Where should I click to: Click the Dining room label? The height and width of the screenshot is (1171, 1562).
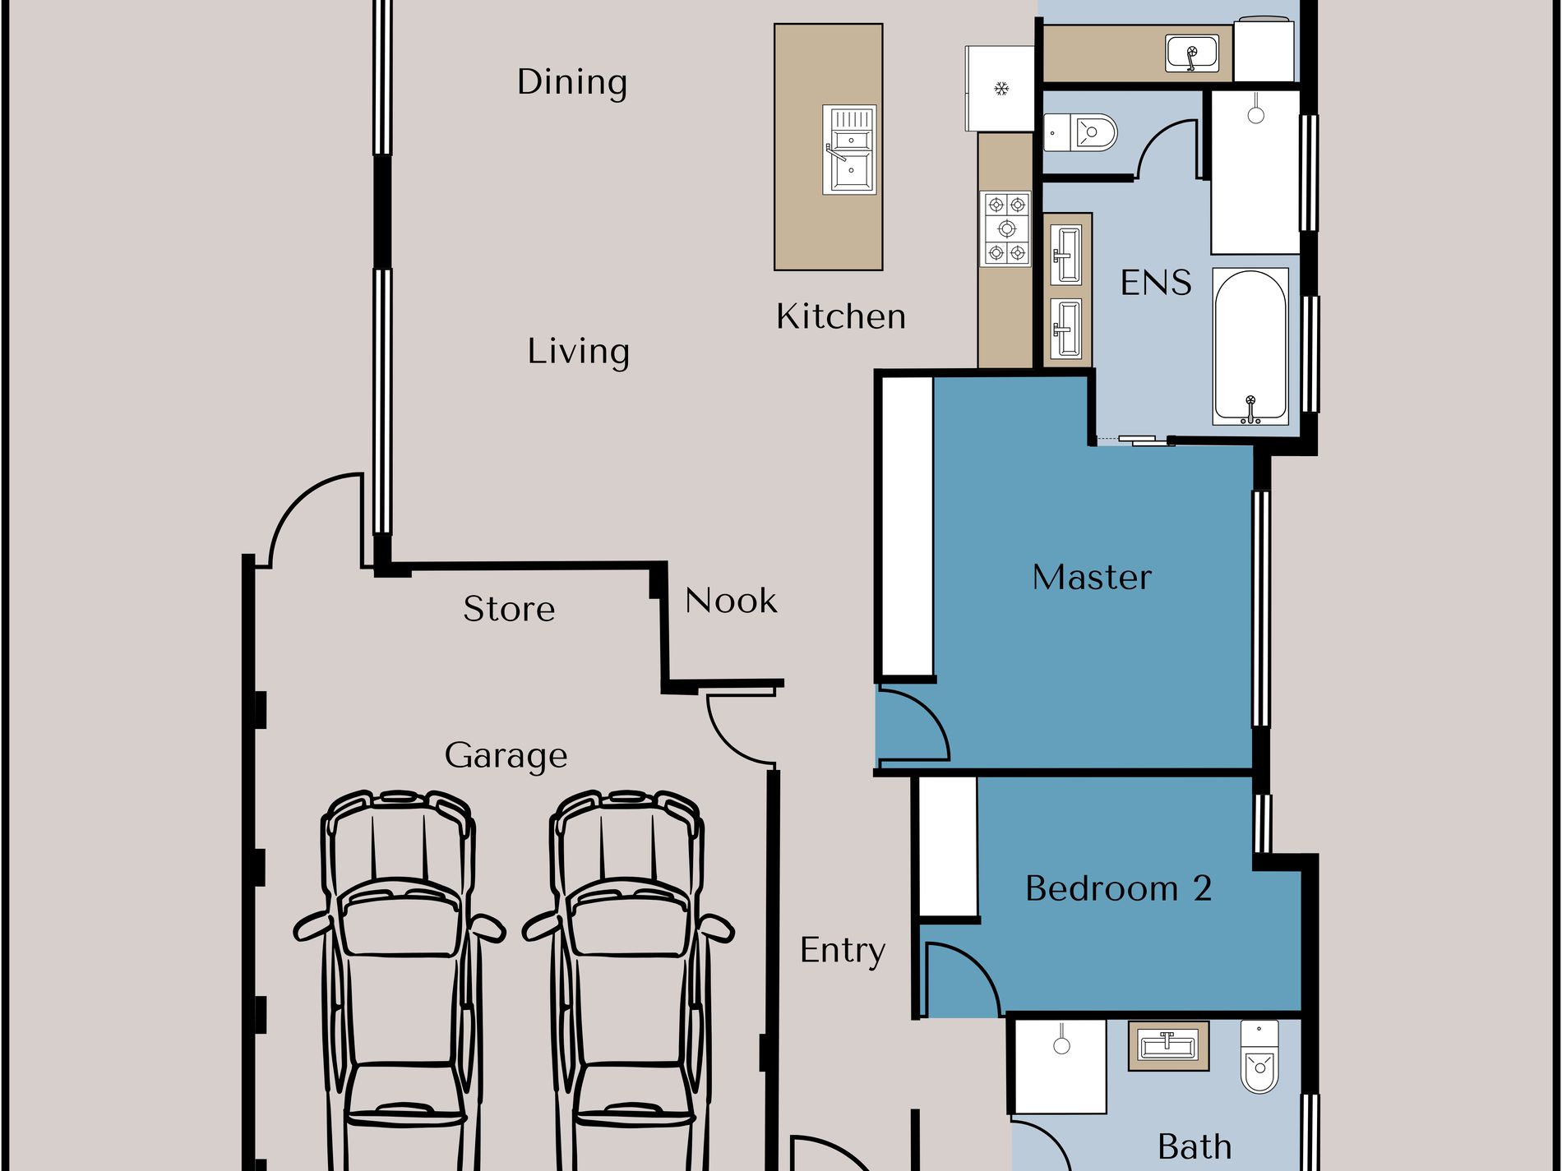tap(572, 82)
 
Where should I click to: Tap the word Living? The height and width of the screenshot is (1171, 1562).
tap(579, 352)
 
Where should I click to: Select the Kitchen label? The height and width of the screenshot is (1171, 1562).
tap(841, 316)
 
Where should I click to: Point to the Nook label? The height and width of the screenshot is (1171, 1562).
tap(731, 601)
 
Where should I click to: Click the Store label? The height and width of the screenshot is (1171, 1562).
tap(509, 609)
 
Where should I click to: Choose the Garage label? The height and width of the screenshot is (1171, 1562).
tap(506, 756)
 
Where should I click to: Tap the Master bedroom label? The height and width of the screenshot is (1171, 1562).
tap(1092, 577)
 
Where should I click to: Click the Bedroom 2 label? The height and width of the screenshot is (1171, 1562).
tap(1119, 888)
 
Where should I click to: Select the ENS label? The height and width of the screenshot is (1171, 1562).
tap(1156, 283)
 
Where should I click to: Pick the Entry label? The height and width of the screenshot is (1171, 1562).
tap(843, 951)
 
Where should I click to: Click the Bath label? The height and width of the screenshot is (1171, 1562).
tap(1195, 1146)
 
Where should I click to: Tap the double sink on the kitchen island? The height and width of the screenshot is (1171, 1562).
tap(849, 150)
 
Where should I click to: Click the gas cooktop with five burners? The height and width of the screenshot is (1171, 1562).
tap(1006, 228)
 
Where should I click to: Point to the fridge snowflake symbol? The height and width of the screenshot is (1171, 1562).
tap(1001, 88)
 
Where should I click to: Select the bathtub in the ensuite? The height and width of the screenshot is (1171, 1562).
tap(1250, 347)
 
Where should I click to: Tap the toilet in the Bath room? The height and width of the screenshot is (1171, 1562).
tap(1259, 1057)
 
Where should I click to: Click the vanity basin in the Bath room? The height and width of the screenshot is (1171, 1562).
tap(1167, 1046)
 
